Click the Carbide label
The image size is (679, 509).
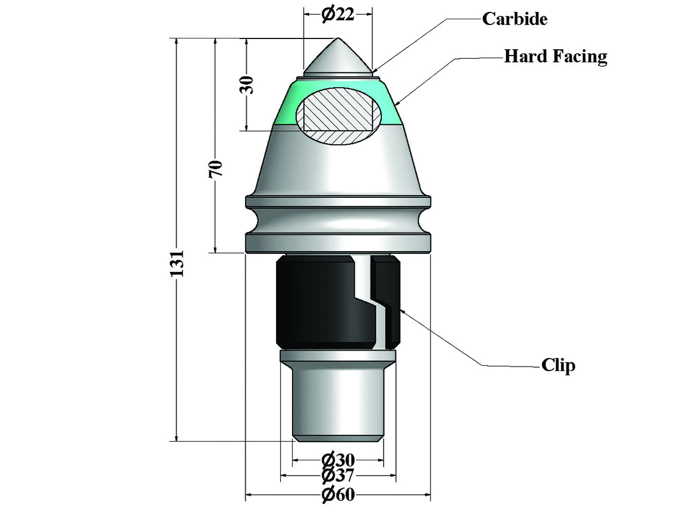point(515,19)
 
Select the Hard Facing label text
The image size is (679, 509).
point(556,57)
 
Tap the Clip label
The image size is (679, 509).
point(558,365)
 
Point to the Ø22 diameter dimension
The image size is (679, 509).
point(338,15)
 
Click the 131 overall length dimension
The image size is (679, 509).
point(177,264)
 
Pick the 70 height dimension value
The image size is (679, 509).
point(216,169)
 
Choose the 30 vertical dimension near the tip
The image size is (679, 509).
point(247,85)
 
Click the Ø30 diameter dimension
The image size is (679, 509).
point(338,460)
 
